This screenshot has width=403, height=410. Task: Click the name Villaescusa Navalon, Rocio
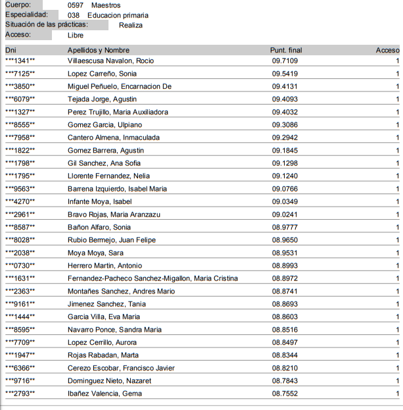[x=110, y=61]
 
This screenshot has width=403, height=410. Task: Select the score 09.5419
[x=285, y=74]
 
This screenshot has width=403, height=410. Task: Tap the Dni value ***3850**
[x=20, y=86]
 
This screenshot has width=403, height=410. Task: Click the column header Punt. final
[x=286, y=50]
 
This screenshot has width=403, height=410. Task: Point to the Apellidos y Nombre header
[x=99, y=50]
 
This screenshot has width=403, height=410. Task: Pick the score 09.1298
[x=285, y=163]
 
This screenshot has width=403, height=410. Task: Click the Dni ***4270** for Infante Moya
[x=20, y=201]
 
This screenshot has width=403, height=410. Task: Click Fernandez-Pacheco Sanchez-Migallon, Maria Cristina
[x=153, y=278]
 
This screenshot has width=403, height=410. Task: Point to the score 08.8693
[x=285, y=304]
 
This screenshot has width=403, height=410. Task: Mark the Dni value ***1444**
[x=20, y=317]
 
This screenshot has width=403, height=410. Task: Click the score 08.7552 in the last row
[x=285, y=394]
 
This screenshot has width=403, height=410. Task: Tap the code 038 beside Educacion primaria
[x=74, y=15]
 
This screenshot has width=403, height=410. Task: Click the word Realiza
[x=131, y=25]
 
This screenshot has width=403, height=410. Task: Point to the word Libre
[x=76, y=35]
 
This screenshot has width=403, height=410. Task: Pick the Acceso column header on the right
[x=387, y=50]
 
